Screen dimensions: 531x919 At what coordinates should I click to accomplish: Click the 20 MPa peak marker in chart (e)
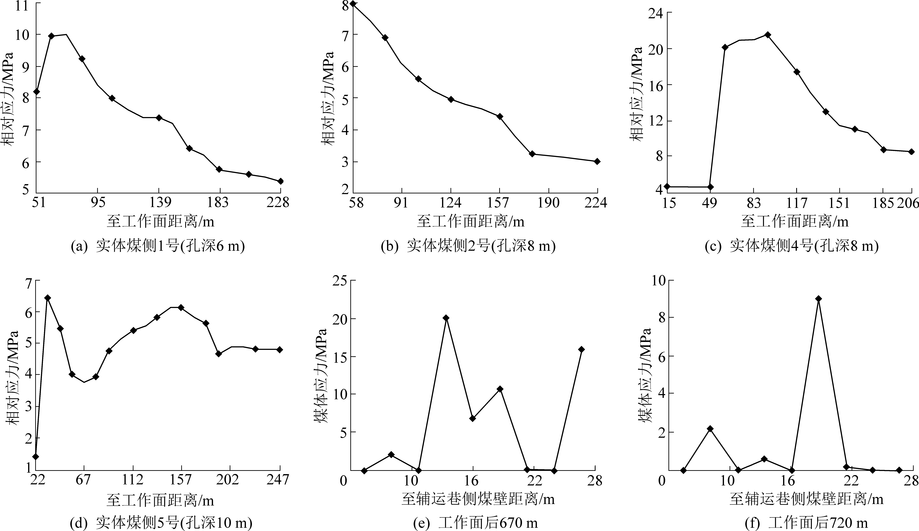446,318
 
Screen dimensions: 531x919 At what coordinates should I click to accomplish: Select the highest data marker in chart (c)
768,35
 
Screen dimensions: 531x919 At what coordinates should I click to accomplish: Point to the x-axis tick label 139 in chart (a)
159,202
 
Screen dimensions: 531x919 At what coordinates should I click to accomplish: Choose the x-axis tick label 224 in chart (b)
596,202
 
